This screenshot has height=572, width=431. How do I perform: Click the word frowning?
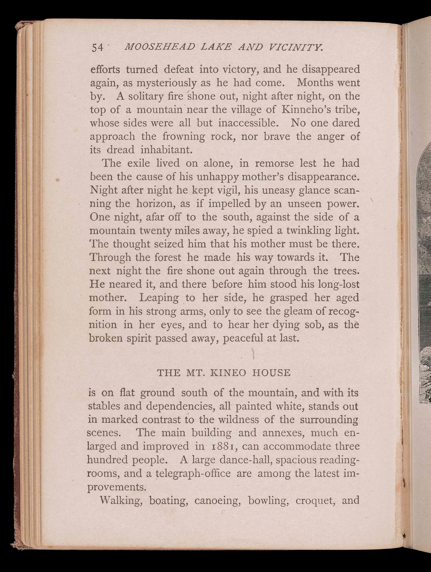184,136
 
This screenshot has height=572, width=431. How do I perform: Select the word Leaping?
159,298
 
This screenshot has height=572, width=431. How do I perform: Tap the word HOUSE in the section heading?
271,373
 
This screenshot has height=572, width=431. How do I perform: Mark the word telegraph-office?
193,473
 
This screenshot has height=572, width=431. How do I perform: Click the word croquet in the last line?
315,500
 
